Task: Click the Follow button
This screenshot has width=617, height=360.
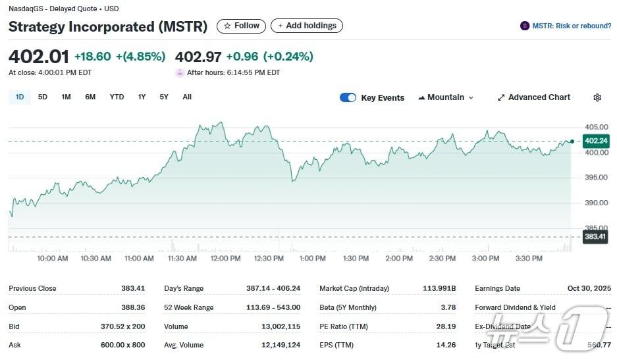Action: (x=241, y=26)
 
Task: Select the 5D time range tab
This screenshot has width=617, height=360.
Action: (x=43, y=97)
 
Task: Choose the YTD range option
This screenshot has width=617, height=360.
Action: (x=117, y=97)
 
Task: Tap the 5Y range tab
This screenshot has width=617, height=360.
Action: (x=164, y=97)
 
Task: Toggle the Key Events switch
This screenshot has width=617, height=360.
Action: (x=348, y=97)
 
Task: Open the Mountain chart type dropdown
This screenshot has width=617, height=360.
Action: (x=446, y=97)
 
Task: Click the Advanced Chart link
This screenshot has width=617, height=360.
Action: (x=534, y=97)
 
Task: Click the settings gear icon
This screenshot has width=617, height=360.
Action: (x=597, y=97)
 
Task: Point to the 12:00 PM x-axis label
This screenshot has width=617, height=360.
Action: (x=225, y=259)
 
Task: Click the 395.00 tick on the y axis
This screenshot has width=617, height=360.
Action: (x=596, y=178)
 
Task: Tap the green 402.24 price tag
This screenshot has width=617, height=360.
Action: (x=596, y=141)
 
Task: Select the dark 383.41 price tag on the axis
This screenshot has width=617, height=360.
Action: (x=595, y=236)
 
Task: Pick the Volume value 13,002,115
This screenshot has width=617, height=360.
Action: (x=282, y=326)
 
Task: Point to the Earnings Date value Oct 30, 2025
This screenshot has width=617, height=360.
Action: (x=589, y=288)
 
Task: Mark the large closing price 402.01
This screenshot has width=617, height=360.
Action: (x=38, y=57)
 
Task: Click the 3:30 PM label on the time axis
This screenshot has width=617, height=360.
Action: (x=528, y=259)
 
